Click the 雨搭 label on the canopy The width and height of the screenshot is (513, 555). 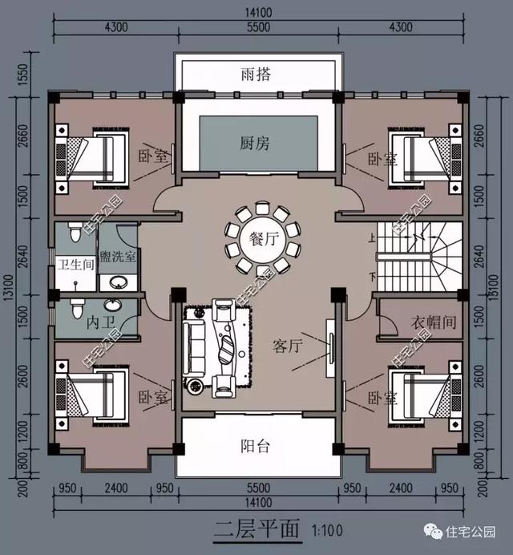point(256,75)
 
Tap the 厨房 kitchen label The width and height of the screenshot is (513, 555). point(256,144)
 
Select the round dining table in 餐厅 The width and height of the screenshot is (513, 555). point(256,239)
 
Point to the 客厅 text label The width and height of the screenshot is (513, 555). point(287,346)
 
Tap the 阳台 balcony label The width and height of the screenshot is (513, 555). point(256,447)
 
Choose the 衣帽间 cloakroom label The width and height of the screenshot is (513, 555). point(434,322)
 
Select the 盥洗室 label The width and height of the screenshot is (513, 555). point(118,258)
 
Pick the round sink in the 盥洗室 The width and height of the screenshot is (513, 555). point(118,282)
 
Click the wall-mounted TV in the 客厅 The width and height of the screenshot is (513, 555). point(329,346)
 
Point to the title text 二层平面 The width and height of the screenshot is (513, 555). point(256,530)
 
